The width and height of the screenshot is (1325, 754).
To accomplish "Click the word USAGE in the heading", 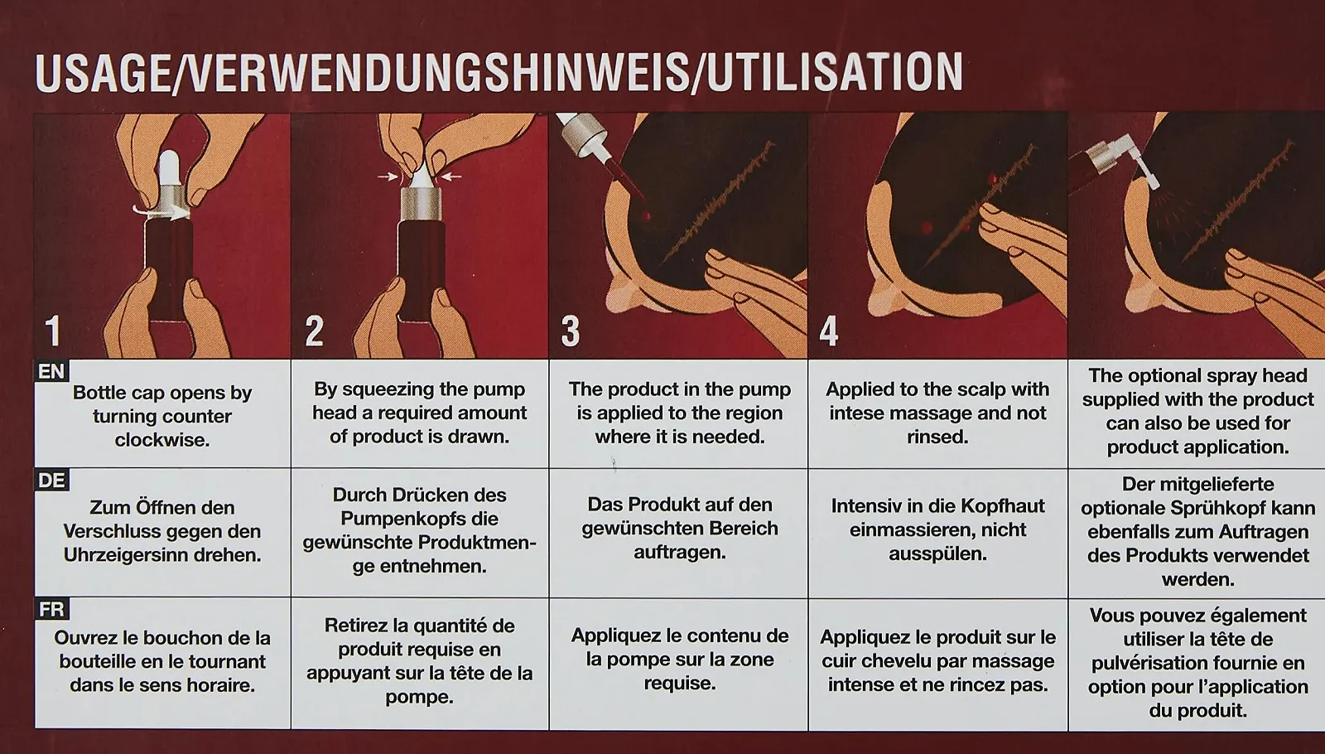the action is coord(103,72).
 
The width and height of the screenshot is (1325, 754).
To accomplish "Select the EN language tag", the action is coord(51,372).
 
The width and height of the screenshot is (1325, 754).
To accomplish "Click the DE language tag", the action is coord(51,480).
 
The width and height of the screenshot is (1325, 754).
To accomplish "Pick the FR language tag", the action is coord(51,609).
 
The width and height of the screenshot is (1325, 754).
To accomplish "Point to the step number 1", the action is coord(53,331).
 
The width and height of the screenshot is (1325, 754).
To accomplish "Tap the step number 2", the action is coord(314,331).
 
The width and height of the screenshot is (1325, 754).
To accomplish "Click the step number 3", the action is coord(571,331).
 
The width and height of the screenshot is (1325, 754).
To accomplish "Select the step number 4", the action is coord(829,331).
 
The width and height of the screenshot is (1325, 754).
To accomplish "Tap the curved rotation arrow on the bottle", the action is coord(161,211).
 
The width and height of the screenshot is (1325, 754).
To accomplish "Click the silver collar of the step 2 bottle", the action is coord(421,204).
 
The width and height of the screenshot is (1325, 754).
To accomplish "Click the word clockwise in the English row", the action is coord(162,440).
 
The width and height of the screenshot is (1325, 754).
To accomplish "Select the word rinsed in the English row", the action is coord(937,436).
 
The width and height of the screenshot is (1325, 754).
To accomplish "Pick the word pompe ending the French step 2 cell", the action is coord(419,697).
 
